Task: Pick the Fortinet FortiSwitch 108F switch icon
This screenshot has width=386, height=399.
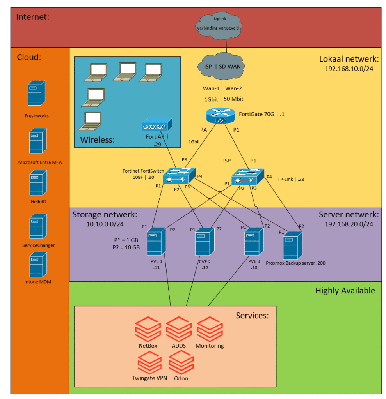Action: click(x=178, y=176)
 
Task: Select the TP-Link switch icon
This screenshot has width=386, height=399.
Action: click(x=247, y=177)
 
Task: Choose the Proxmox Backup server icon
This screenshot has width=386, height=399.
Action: click(x=293, y=245)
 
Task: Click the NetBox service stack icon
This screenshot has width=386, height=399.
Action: click(x=148, y=329)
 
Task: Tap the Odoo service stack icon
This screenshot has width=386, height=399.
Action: click(x=181, y=362)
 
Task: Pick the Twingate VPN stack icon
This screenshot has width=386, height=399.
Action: click(x=149, y=362)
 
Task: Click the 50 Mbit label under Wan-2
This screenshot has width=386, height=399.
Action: click(x=234, y=99)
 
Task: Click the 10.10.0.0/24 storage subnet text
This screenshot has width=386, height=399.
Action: click(x=105, y=224)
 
